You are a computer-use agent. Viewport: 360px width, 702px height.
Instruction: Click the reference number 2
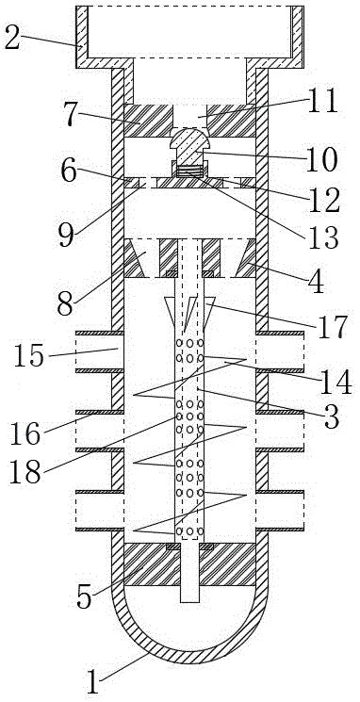click(12, 40)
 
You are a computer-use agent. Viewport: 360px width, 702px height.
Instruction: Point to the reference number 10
click(321, 160)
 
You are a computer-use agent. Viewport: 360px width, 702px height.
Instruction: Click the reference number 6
click(69, 171)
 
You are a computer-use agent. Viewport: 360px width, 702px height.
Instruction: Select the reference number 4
click(317, 281)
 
